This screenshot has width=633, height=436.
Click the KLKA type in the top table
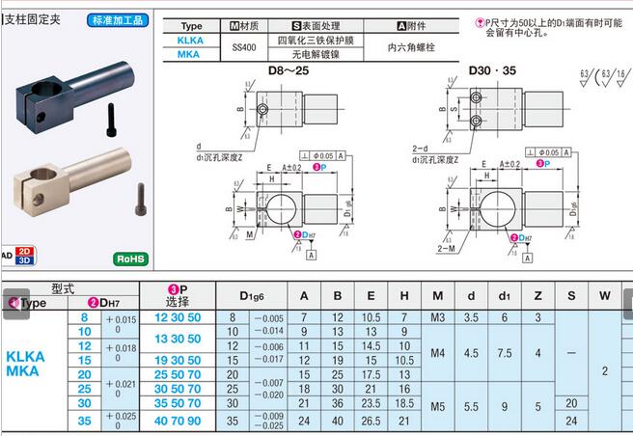click(191, 41)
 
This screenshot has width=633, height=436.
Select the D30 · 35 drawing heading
click(492, 70)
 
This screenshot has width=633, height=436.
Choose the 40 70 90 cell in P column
click(179, 420)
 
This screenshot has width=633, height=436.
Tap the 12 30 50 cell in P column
click(179, 317)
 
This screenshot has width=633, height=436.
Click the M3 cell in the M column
click(437, 317)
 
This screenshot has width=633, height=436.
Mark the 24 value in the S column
click(571, 420)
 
